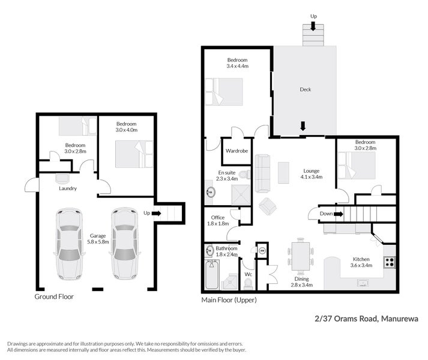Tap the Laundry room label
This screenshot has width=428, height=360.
click(67, 188)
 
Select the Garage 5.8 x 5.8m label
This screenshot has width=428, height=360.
click(97, 239)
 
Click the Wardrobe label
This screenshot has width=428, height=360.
click(237, 151)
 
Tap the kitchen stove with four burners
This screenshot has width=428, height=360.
click(388, 262)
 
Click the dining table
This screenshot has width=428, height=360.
click(300, 253)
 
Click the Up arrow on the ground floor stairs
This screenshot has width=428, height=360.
click(152, 212)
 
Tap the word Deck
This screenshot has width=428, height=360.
click(306, 90)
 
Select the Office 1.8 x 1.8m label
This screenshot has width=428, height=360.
click(218, 220)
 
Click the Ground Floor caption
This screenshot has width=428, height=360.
click(54, 296)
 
